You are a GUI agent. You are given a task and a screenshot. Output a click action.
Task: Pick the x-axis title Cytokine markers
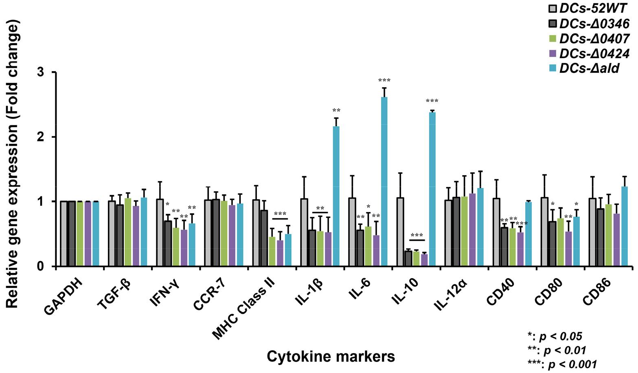[331, 357]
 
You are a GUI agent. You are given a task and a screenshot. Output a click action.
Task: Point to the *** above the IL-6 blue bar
[384, 81]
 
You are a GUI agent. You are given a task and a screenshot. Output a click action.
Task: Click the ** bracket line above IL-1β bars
[320, 212]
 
